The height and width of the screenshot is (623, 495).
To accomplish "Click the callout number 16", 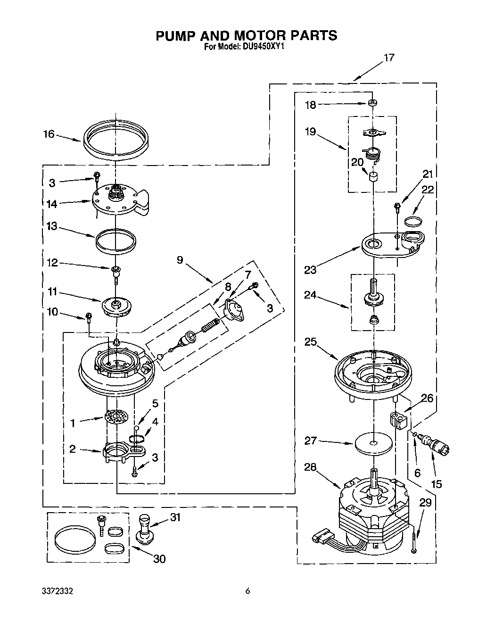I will tap(49, 134).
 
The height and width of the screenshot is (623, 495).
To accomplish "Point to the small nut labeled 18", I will tap(372, 102).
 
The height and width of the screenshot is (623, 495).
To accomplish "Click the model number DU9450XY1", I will tap(264, 47).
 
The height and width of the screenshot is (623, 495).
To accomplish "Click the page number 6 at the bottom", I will tap(247, 591).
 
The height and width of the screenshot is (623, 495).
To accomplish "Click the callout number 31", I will tap(175, 517).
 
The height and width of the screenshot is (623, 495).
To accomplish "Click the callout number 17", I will tap(389, 58).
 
